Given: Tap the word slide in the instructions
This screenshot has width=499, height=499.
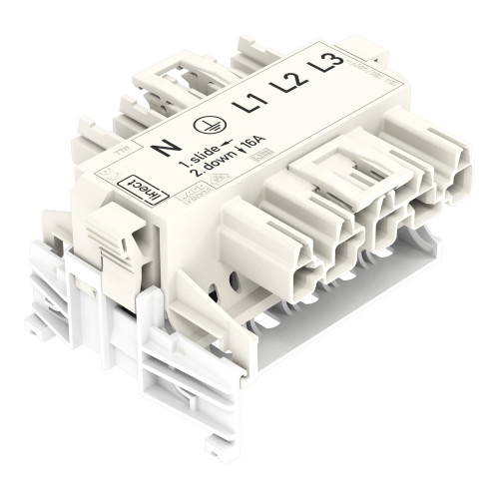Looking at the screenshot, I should [202, 154].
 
